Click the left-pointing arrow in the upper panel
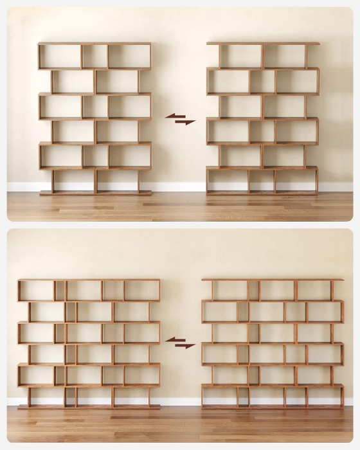pos(174,116)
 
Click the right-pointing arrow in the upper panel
pos(186,122)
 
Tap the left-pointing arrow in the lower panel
pos(174,339)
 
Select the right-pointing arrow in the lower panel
pos(186,346)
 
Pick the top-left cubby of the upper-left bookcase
pos(60,57)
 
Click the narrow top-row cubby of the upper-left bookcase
pos(94,57)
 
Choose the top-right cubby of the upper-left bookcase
pos(129,57)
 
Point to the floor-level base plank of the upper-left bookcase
pos(95,193)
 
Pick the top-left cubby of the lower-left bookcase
pos(37,291)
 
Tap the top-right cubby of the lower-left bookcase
pos(141,291)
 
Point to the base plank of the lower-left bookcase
pos(89,407)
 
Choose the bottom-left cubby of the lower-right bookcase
pos(219,395)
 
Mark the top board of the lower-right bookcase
pos(272,280)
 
